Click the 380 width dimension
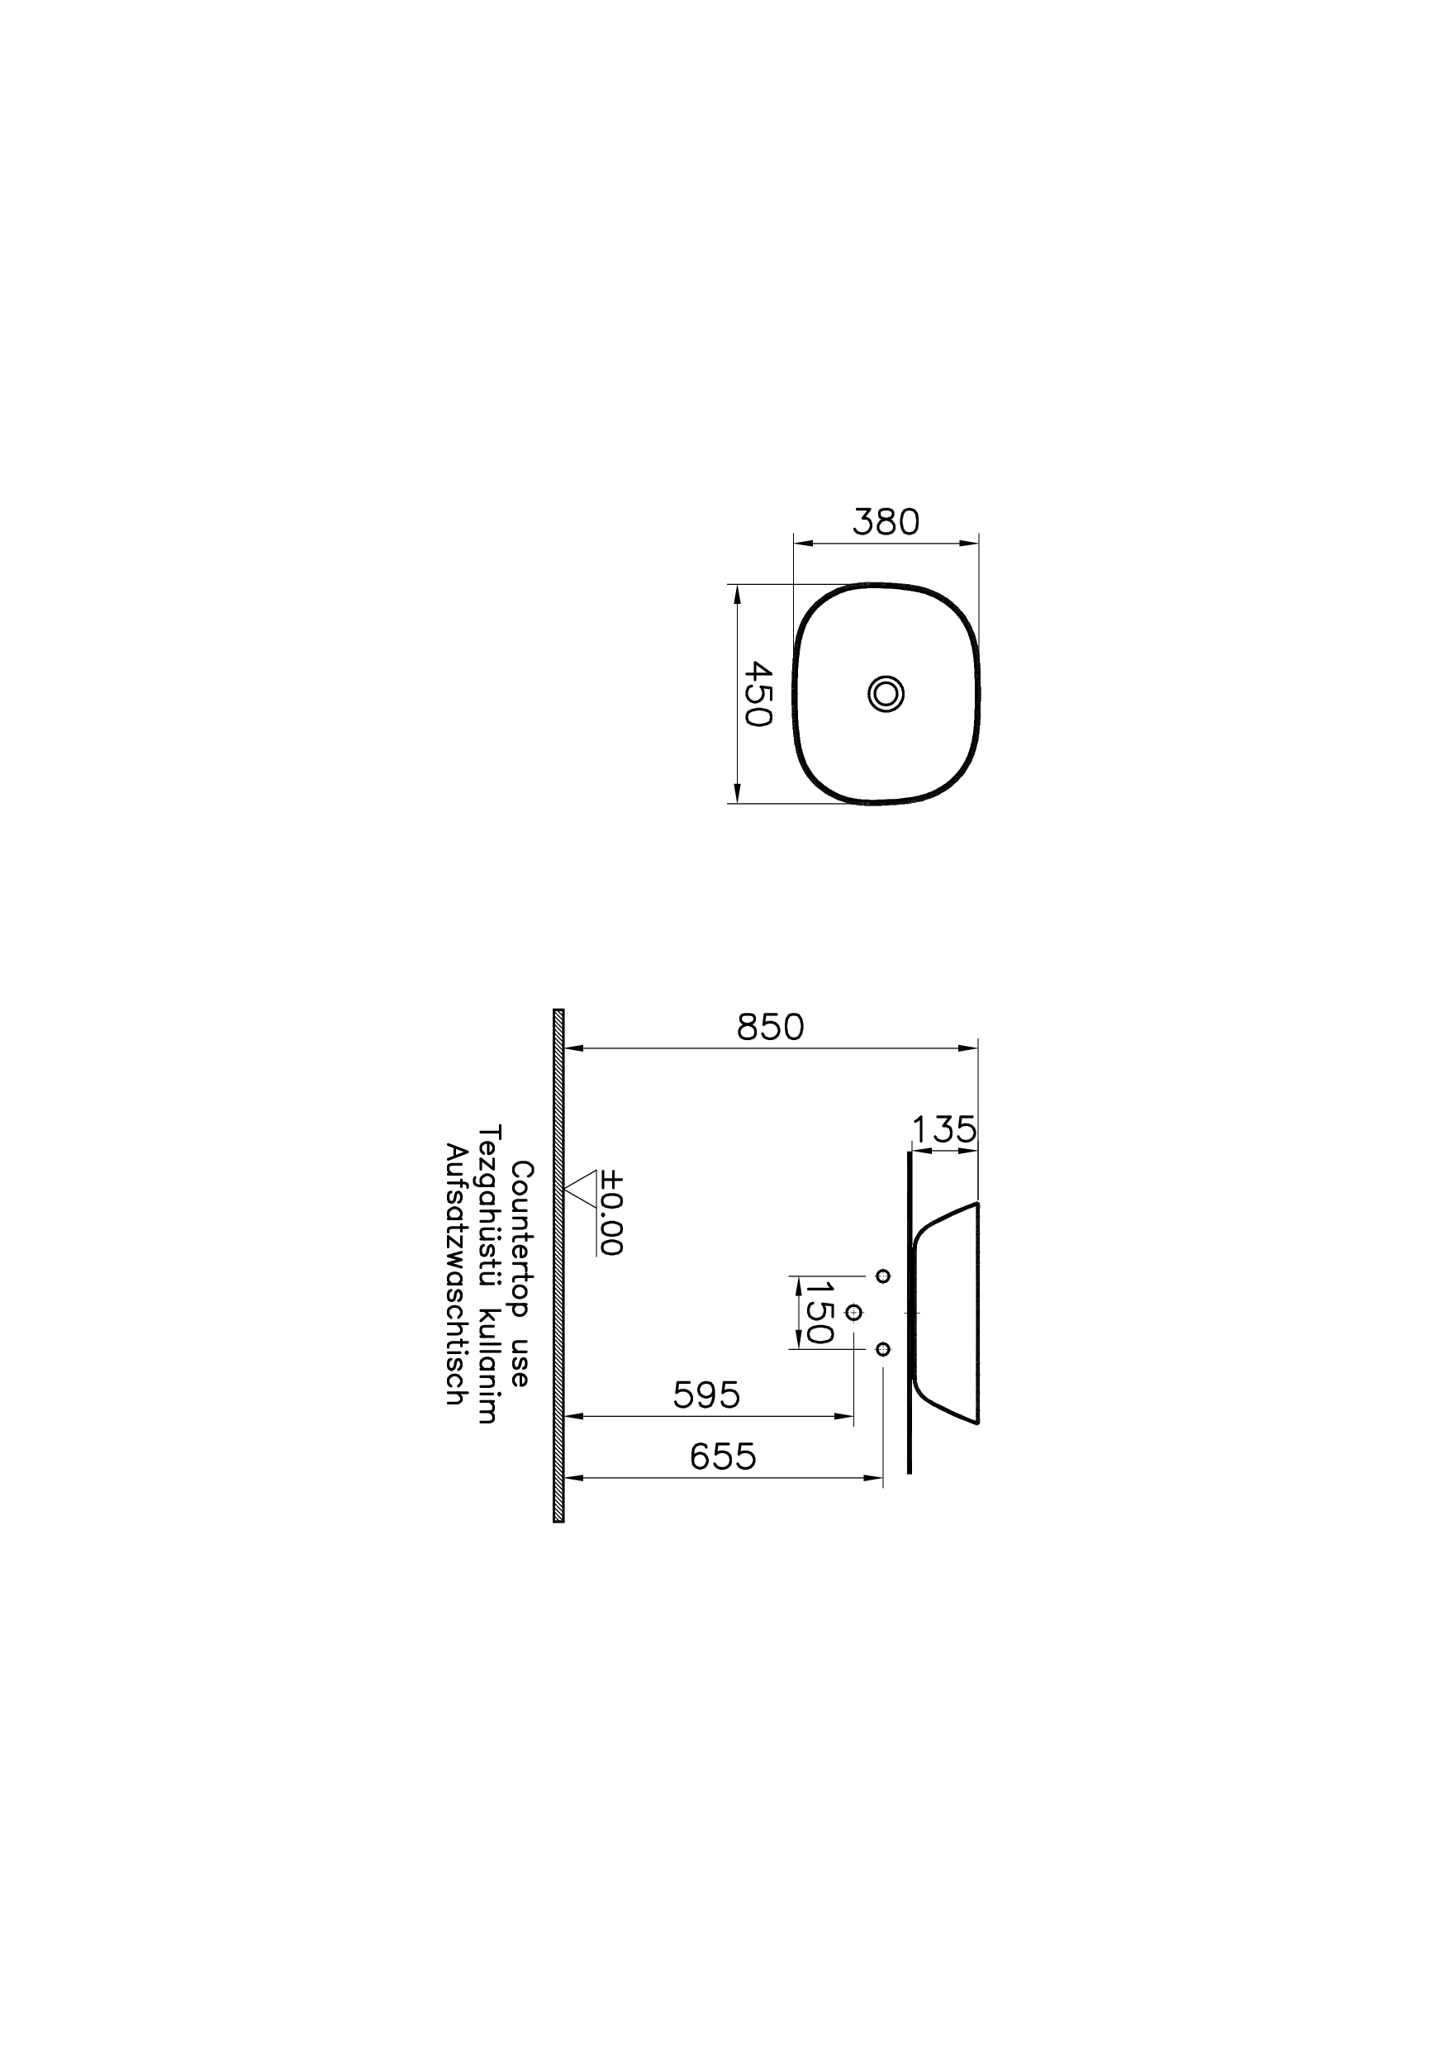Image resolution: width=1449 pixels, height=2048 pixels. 885,522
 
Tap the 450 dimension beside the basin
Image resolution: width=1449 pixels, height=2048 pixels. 758,693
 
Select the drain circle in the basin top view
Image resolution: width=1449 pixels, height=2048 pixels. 886,693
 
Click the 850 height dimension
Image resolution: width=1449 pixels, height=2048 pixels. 770,1028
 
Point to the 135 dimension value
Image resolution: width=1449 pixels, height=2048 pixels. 944,1131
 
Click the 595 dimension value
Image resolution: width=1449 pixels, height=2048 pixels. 706,1395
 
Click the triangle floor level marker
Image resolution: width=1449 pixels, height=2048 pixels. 581,1188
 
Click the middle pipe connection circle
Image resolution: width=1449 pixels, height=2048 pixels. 854,1313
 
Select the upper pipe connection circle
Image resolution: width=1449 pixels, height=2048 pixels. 883,1276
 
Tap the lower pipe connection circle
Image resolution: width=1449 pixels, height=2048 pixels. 883,1348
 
